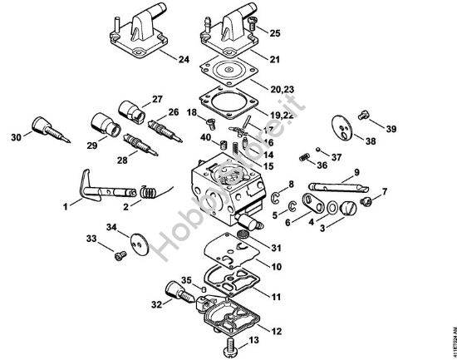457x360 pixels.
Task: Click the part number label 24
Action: (184, 59)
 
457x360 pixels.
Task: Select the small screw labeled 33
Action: (119, 254)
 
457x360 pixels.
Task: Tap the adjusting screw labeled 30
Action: (45, 130)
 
